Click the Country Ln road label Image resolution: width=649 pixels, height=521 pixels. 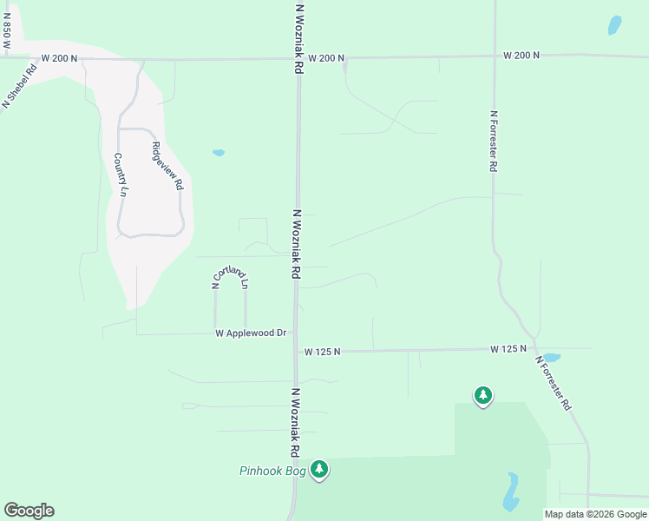click(121, 175)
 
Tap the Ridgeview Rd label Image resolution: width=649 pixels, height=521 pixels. click(167, 166)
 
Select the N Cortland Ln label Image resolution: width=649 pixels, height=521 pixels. click(231, 277)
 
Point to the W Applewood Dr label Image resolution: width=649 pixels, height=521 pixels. click(251, 333)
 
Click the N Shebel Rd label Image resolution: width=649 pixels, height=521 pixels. click(18, 85)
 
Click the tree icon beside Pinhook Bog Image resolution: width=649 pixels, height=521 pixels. click(320, 470)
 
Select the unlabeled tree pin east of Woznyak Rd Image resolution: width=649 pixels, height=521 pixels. click(482, 396)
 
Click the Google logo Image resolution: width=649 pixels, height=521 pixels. click(29, 511)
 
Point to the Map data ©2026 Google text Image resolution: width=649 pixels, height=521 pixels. click(596, 514)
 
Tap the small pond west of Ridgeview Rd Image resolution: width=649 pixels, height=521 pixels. click(219, 153)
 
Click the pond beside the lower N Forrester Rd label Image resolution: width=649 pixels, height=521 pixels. click(550, 357)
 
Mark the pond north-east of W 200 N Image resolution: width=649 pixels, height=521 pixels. click(615, 25)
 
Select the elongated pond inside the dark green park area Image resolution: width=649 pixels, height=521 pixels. click(511, 491)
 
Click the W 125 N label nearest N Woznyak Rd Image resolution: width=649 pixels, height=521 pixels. click(322, 352)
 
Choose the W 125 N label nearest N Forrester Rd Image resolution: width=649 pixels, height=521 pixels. click(508, 349)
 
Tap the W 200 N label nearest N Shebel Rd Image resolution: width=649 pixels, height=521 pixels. click(59, 58)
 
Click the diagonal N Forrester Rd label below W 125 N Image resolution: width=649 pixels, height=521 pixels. click(553, 383)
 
